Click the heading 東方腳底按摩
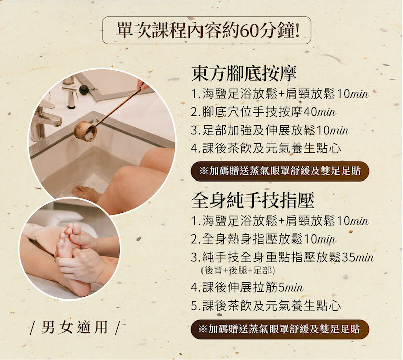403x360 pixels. (x=244, y=73)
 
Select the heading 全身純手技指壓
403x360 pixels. (x=253, y=200)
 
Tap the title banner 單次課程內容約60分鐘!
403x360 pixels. (x=207, y=30)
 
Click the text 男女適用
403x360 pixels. (x=74, y=327)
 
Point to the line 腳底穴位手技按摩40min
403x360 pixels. (x=263, y=112)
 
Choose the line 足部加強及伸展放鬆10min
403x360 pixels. (x=270, y=130)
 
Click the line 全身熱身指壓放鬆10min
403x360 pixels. (x=263, y=239)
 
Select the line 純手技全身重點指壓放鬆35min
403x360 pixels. (x=282, y=257)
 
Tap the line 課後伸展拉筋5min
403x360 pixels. (x=247, y=287)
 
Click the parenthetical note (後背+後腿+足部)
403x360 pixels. (x=238, y=270)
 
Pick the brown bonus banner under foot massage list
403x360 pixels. (x=280, y=171)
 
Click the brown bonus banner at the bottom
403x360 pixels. (x=280, y=329)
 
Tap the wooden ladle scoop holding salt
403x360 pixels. (x=85, y=131)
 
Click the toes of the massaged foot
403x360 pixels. (x=69, y=231)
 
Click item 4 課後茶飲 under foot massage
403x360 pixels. (x=266, y=148)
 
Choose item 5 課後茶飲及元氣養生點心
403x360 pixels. (x=266, y=306)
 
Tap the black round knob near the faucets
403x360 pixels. (x=84, y=90)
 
